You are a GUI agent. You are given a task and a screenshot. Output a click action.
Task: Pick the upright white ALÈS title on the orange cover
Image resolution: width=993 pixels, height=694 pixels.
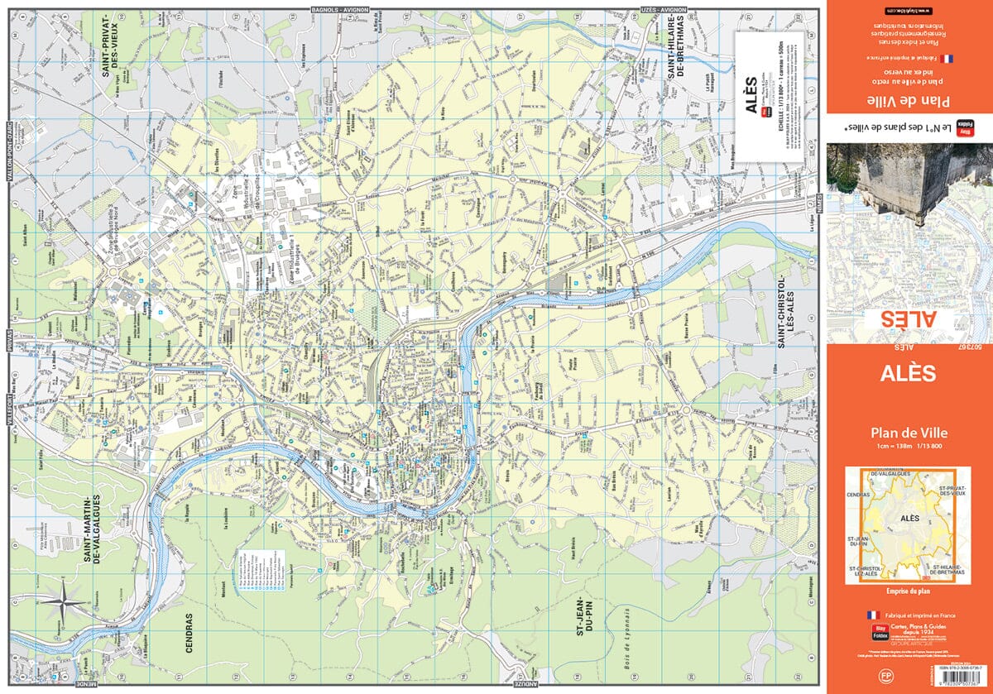point(909,374)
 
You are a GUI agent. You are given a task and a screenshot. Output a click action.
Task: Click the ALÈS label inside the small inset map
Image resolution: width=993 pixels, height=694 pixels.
point(909,519)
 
